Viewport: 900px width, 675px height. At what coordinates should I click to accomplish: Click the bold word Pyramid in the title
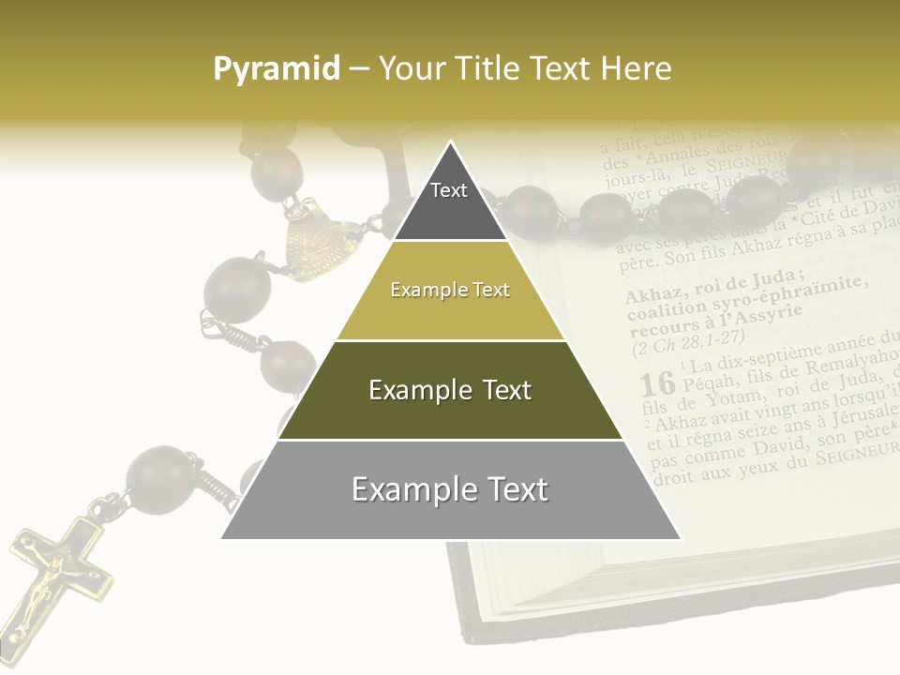coord(276,69)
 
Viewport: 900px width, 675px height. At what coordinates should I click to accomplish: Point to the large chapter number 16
coord(657,382)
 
